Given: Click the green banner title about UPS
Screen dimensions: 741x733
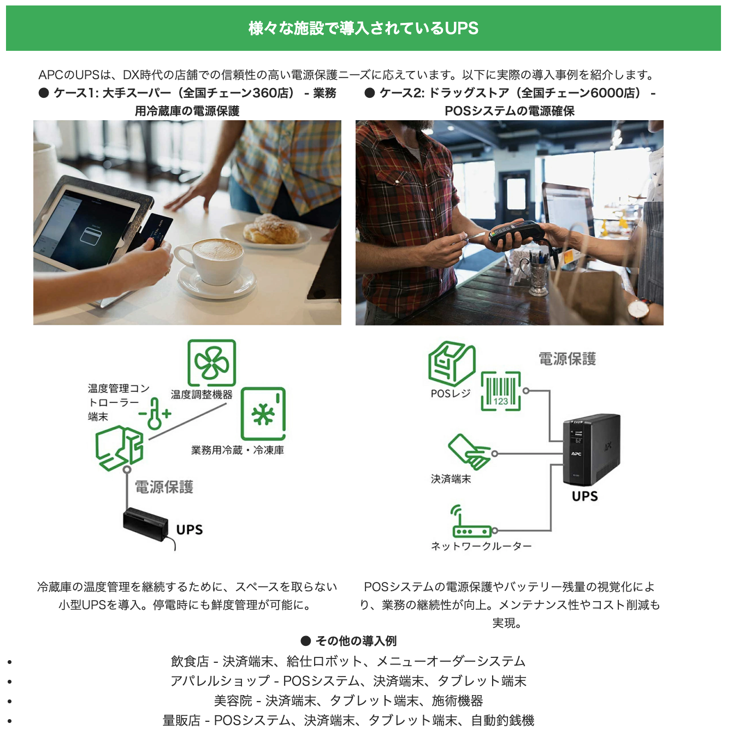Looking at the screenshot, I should click(363, 28).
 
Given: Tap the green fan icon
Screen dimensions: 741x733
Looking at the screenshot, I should click(212, 363).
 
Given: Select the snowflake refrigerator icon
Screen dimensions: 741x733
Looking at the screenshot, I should click(263, 414).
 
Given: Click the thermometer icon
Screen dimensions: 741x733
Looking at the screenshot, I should click(155, 413).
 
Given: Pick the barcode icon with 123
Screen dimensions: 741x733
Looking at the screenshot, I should click(500, 391).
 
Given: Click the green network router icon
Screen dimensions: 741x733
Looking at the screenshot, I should click(471, 525).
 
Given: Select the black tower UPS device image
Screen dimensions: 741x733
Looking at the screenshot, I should click(591, 449).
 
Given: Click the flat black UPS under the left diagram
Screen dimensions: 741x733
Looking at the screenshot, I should click(146, 524).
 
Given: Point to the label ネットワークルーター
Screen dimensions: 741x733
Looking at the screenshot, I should click(481, 546).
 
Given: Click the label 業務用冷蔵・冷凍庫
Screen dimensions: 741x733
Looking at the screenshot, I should click(237, 450).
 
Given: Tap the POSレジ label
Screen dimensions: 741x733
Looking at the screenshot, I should click(450, 393).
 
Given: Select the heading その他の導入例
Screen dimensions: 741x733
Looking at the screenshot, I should click(356, 640).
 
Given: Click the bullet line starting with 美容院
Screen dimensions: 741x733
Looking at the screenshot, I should click(348, 701).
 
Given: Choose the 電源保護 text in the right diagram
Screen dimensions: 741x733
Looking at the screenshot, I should click(567, 358).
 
